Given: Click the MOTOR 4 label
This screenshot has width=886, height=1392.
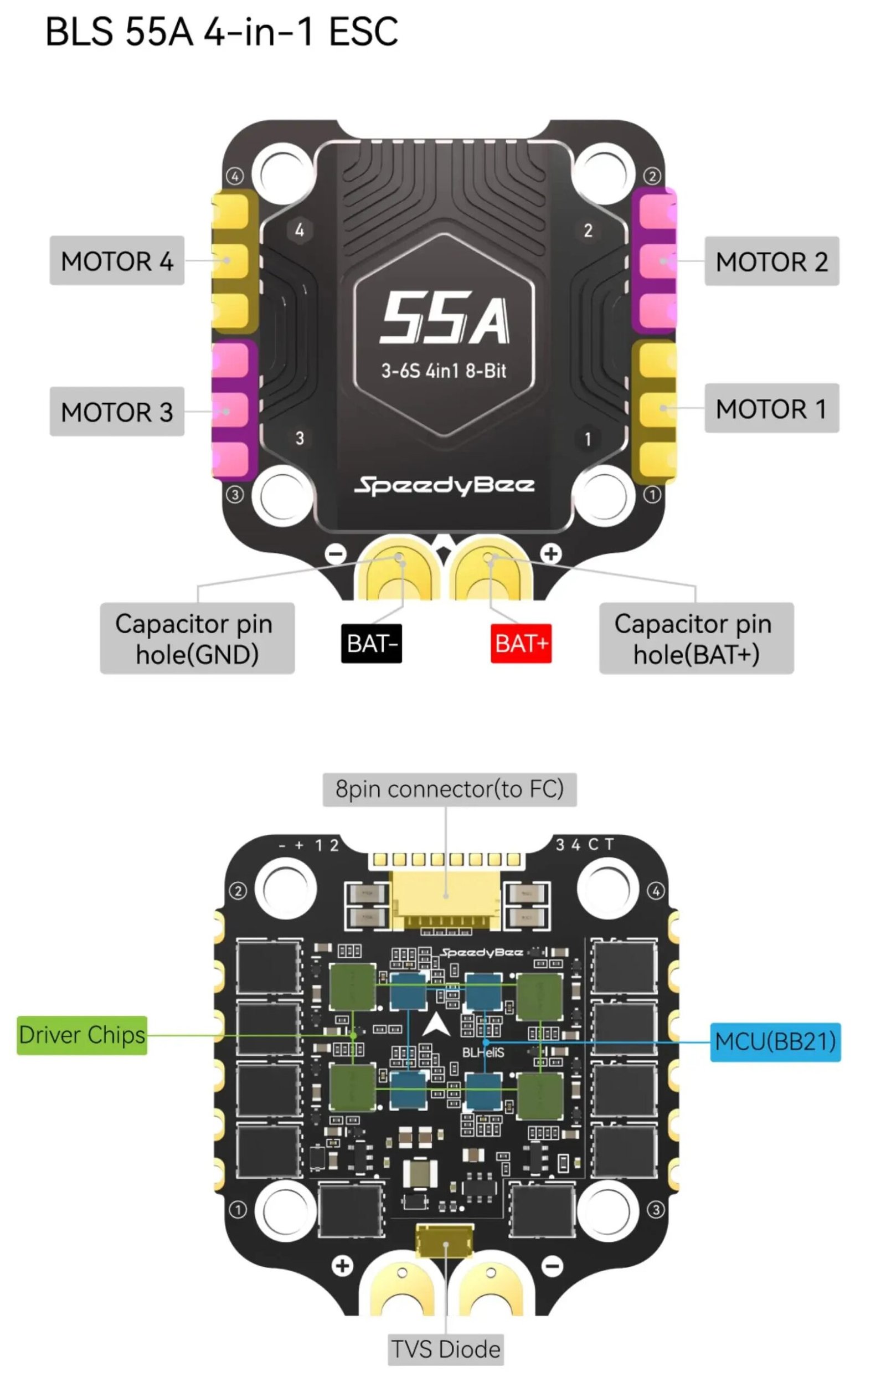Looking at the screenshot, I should coord(117,261).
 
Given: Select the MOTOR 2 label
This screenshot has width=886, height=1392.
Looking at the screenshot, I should coord(771,261).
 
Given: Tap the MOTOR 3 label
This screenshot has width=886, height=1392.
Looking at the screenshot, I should coord(117,412).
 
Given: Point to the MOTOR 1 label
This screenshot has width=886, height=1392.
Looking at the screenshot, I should coord(771,408).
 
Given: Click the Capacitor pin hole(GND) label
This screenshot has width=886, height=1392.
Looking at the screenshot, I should coord(197,638).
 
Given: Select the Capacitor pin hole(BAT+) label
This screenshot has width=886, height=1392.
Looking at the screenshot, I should coord(696,638).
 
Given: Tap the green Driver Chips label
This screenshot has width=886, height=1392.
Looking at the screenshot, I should coord(81,1035).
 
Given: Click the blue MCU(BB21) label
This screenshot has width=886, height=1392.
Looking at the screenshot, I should coord(775,1042).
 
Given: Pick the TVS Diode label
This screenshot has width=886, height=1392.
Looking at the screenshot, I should coord(446,1349).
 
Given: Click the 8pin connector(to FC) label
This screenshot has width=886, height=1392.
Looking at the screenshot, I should coord(449,789).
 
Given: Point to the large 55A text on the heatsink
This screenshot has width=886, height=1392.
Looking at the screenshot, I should coord(444,317).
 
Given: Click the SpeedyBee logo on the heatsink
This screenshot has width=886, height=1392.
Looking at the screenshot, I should coord(444,486).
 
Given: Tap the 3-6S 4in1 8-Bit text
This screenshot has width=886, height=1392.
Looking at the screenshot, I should coord(444,371).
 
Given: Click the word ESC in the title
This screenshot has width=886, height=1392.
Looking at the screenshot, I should coord(363,31).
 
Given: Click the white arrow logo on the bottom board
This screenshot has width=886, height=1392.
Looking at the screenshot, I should coord(436,1025).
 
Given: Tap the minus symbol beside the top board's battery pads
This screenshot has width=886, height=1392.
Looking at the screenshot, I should coord(335,554).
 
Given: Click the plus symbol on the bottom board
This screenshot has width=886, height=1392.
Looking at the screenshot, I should coord(342,1266).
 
